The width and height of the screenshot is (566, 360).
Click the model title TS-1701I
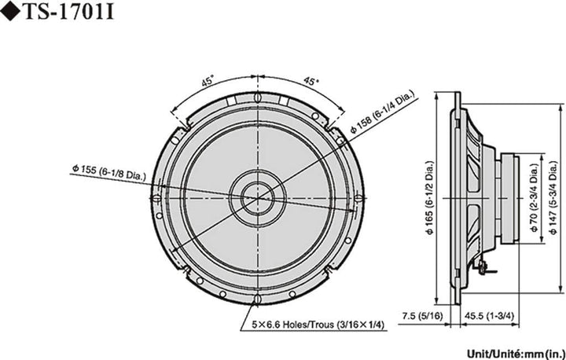click(x=64, y=13)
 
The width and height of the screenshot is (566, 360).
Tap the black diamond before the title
click(x=9, y=13)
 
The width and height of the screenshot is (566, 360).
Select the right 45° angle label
click(x=311, y=80)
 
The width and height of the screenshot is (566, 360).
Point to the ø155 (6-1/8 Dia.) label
click(x=107, y=171)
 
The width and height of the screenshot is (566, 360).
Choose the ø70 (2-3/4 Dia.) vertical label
click(x=534, y=203)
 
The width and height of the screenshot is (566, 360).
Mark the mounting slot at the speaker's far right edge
click(x=358, y=197)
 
